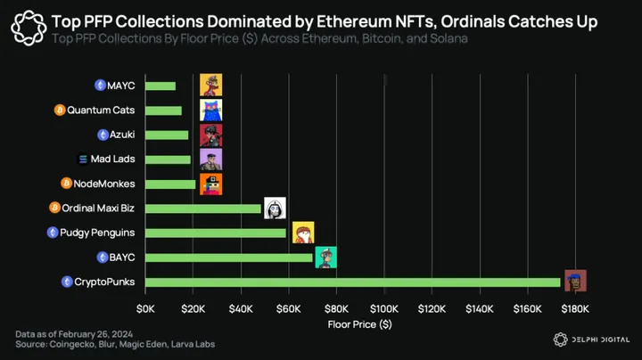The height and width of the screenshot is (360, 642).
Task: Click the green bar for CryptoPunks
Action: pyautogui.click(x=353, y=282)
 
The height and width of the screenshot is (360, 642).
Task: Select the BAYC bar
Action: pyautogui.click(x=229, y=258)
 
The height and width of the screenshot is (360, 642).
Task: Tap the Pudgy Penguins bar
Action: pyautogui.click(x=216, y=233)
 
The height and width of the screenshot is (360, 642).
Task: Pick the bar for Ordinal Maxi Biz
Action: pyautogui.click(x=203, y=209)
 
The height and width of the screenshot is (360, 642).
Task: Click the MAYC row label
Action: pyautogui.click(x=121, y=86)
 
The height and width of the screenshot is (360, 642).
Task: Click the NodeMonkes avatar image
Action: pyautogui.click(x=211, y=184)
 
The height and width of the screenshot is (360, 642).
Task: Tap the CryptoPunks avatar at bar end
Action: pyautogui.click(x=575, y=280)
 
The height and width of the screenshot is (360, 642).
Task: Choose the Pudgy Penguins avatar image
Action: pyautogui.click(x=304, y=233)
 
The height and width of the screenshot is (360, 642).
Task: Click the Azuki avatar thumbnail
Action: pyautogui.click(x=211, y=135)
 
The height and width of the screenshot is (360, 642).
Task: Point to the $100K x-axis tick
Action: pyautogui.click(x=384, y=308)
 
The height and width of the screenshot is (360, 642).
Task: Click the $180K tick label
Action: pyautogui.click(x=575, y=308)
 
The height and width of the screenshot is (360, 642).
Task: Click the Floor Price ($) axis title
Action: pyautogui.click(x=359, y=323)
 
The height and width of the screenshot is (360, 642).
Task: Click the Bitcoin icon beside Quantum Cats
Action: pyautogui.click(x=60, y=110)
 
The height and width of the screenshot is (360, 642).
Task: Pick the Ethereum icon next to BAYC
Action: pyautogui.click(x=103, y=258)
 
